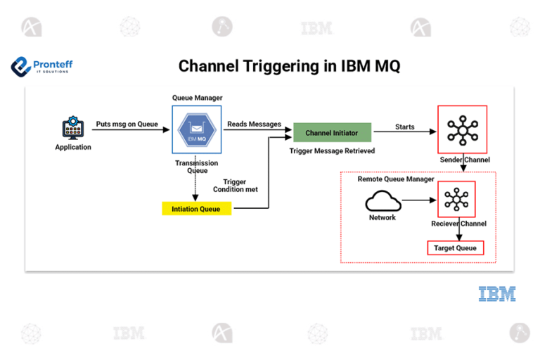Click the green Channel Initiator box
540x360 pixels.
click(x=332, y=133)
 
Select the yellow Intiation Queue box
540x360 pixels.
click(x=196, y=209)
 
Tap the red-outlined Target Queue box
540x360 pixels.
click(x=455, y=248)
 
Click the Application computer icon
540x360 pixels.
click(x=73, y=129)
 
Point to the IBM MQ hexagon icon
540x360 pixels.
click(x=196, y=130)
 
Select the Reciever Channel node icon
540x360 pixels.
click(x=457, y=200)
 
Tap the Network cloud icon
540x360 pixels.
click(x=383, y=202)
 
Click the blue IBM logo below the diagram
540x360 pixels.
click(x=497, y=294)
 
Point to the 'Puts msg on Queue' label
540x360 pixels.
click(x=127, y=124)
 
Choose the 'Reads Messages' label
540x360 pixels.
click(x=254, y=124)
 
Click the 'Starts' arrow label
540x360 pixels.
click(x=405, y=127)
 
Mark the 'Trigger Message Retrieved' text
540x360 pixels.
click(x=332, y=151)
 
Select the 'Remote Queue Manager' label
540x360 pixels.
click(x=396, y=179)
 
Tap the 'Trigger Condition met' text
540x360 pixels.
click(x=235, y=186)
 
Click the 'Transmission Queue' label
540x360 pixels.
click(x=196, y=166)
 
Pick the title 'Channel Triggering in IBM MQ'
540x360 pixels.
click(x=289, y=66)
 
